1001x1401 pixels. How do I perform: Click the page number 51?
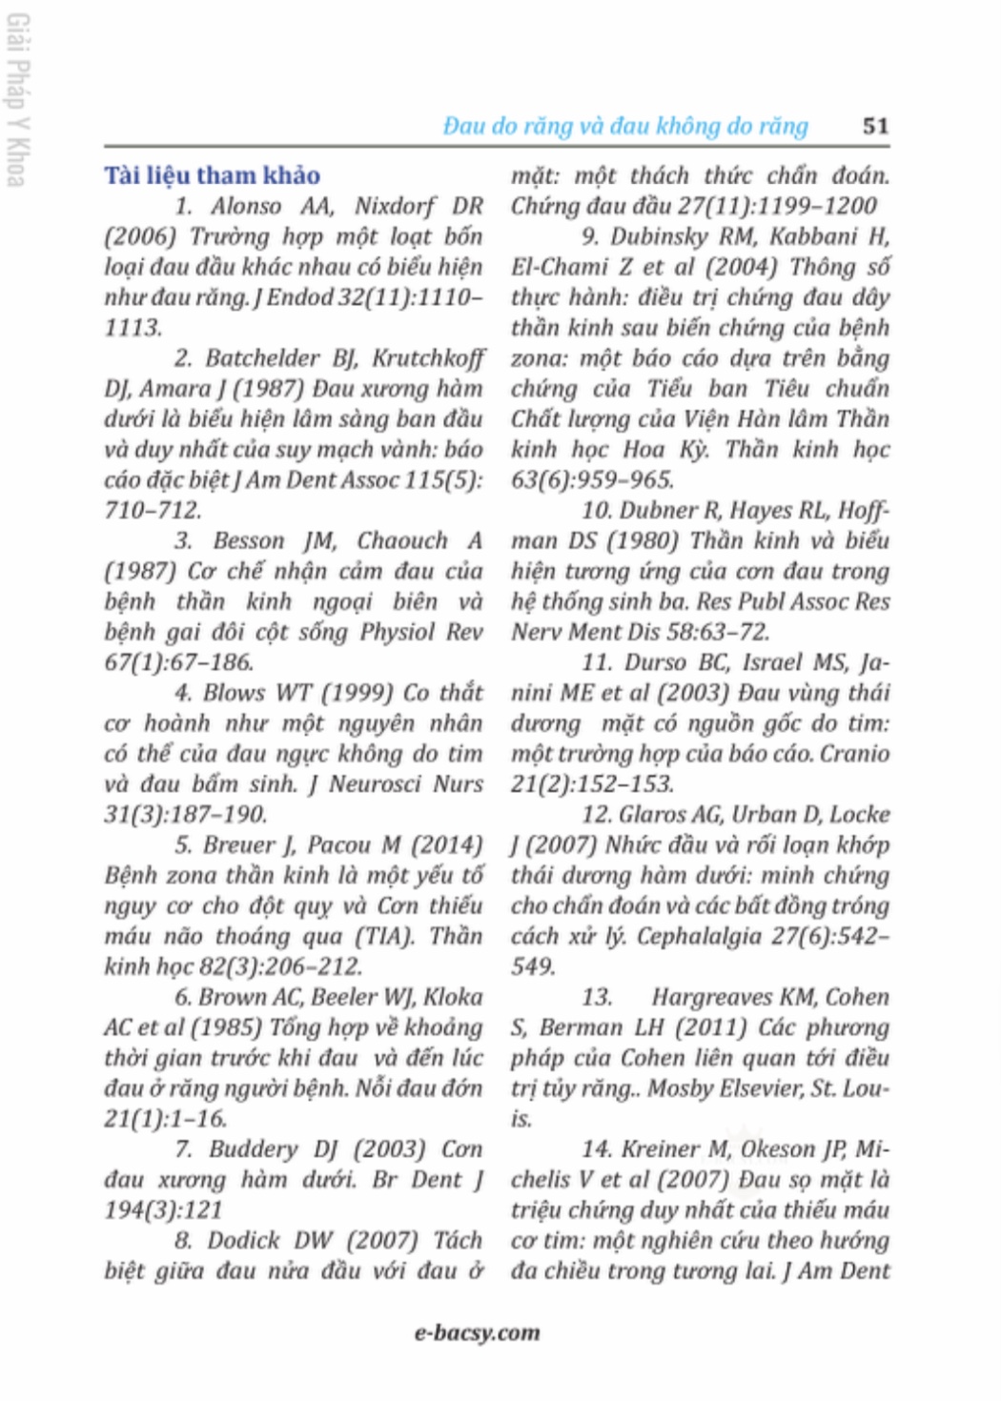[875, 126]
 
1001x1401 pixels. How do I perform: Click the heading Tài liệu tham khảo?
[212, 175]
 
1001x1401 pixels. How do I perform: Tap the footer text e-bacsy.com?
[477, 1332]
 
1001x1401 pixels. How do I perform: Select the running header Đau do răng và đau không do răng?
[625, 126]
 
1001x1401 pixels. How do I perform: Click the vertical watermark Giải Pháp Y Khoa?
[17, 99]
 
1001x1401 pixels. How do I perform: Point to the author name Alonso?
[246, 206]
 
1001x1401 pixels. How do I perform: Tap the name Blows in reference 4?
[233, 693]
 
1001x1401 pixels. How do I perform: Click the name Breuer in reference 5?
[236, 844]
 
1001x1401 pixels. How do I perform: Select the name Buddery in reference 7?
[253, 1148]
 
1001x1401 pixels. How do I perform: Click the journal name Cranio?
[854, 753]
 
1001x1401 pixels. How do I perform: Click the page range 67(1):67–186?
[179, 662]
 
